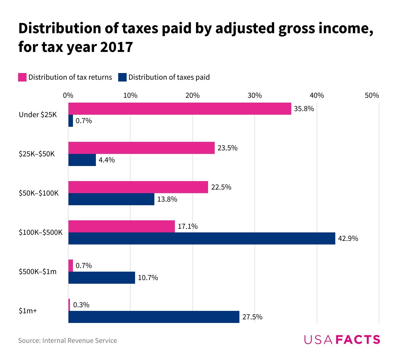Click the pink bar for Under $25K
(x=180, y=109)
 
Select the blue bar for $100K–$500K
(x=202, y=238)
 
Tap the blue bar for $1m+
(x=154, y=317)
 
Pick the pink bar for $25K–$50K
(x=141, y=148)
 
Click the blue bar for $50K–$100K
(x=111, y=199)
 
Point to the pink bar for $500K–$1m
(x=71, y=266)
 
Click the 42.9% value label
(x=348, y=238)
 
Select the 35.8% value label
(x=304, y=109)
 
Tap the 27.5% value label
(x=252, y=317)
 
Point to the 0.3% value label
(x=81, y=305)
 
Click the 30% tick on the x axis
(x=254, y=95)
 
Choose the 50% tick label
(x=372, y=95)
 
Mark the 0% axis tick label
(x=68, y=95)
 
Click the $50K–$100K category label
(x=39, y=193)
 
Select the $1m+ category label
(x=28, y=311)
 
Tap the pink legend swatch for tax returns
(x=22, y=77)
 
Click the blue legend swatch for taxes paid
(x=122, y=77)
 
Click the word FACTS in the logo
(x=358, y=340)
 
